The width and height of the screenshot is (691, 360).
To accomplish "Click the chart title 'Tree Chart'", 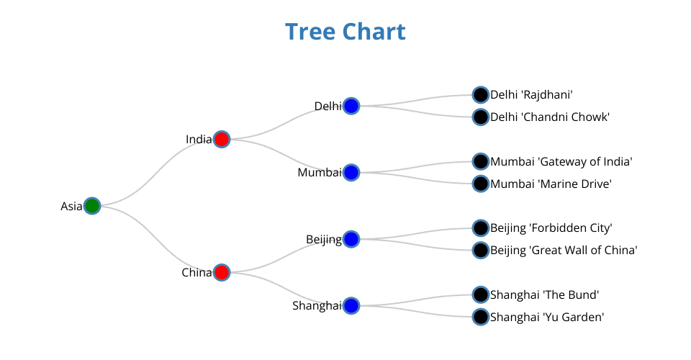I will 345,32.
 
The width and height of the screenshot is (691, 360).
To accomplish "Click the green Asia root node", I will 92,206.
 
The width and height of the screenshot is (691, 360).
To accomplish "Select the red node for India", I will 222,139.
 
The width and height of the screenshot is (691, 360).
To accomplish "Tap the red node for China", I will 222,272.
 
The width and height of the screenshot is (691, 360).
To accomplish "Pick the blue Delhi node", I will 351,106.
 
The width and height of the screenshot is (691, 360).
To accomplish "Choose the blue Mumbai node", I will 351,173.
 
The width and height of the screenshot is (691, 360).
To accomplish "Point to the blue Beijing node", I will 351,239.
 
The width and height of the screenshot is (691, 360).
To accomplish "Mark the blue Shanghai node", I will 351,306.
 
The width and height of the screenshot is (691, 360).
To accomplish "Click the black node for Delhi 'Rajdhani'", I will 481,94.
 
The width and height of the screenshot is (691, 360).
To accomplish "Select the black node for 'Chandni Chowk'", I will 481,117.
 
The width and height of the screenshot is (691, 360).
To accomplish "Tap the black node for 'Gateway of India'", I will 481,161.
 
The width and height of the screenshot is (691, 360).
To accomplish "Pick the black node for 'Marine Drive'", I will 481,184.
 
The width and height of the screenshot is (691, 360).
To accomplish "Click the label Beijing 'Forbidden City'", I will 551,228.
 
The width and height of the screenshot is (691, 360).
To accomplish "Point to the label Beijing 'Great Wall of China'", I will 564,251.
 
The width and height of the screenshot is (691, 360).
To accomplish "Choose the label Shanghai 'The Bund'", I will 545,294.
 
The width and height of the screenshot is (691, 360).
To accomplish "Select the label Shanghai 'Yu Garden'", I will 547,317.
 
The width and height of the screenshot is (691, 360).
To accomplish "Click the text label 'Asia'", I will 71,207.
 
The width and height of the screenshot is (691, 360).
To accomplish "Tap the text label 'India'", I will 198,140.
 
